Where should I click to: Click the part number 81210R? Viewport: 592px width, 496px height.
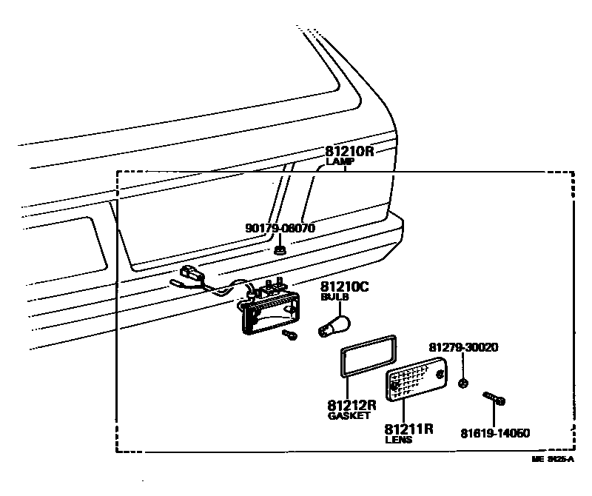[x=350, y=150]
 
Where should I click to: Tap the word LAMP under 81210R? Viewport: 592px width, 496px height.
[x=340, y=161]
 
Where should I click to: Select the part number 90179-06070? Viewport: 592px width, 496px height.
[x=280, y=228]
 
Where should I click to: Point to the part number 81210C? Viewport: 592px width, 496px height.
[x=344, y=286]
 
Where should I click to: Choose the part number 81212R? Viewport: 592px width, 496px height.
[x=351, y=405]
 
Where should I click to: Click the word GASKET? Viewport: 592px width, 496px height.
[x=348, y=416]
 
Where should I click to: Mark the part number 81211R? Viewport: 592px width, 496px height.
[x=408, y=429]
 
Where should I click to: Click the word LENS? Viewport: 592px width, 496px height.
[x=398, y=440]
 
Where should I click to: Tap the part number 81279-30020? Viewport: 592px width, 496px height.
[x=463, y=346]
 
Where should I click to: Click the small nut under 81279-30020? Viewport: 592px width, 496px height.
[x=463, y=383]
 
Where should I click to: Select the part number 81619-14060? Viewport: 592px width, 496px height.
[x=494, y=433]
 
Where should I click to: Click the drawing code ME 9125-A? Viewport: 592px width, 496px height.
[x=553, y=460]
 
